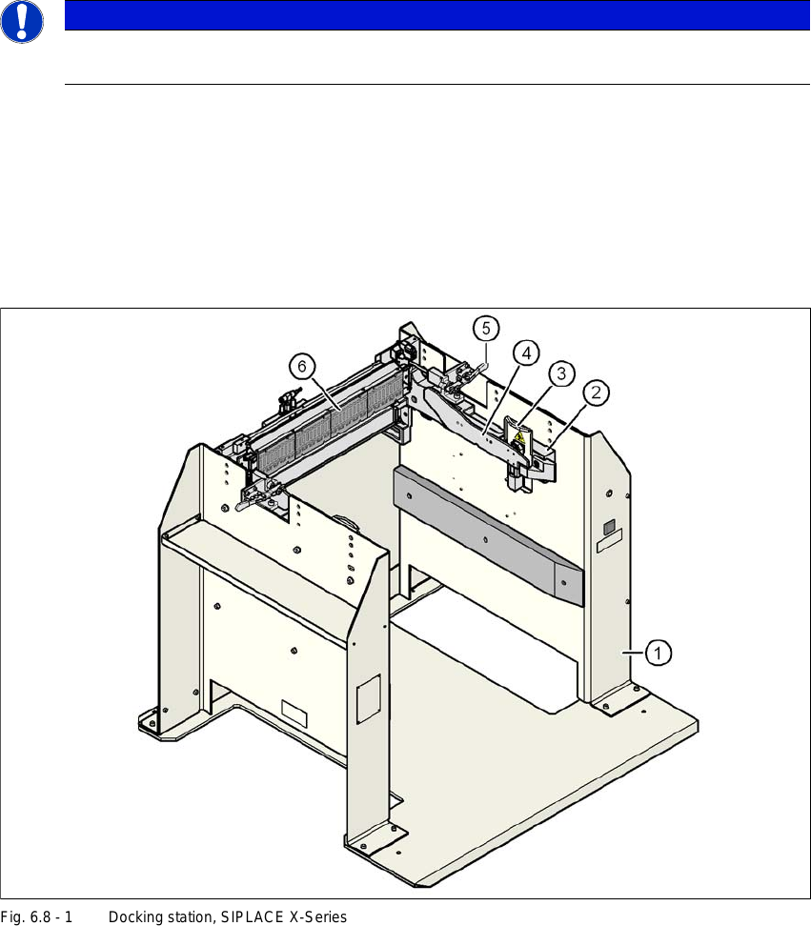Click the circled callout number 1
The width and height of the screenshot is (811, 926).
pos(659,653)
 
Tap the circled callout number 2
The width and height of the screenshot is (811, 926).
pos(598,392)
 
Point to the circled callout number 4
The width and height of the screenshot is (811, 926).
pos(525,352)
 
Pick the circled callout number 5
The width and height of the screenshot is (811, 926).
pos(486,329)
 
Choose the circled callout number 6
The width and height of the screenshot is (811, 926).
pos(301,365)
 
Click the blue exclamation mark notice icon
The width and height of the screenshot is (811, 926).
pos(21,21)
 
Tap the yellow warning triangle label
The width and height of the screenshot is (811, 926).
pos(518,437)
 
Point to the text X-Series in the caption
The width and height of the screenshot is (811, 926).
pos(321,917)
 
